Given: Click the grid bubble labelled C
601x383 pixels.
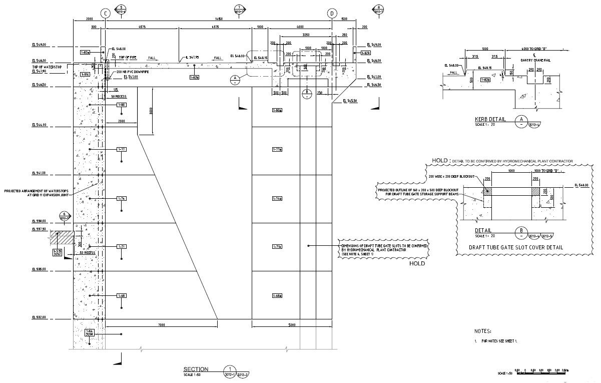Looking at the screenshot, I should point(105,14).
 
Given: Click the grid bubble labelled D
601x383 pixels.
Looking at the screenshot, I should point(332,14).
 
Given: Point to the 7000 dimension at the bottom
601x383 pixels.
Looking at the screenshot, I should point(162,325).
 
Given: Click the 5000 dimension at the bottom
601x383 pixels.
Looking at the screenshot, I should point(292,325).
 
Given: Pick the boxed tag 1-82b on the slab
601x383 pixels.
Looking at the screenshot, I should point(195,78).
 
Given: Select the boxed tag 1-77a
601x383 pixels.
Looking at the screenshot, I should point(277,149).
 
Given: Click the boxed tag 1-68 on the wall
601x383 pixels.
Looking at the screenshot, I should point(122,296).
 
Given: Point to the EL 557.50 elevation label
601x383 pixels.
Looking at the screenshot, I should point(39,229).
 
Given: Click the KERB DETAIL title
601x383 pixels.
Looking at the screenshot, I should point(490,120).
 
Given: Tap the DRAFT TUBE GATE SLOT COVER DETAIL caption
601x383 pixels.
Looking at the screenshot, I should point(516,247).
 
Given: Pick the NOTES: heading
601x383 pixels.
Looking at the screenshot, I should point(482,331).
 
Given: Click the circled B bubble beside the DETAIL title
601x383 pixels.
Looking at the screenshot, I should point(521,231).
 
